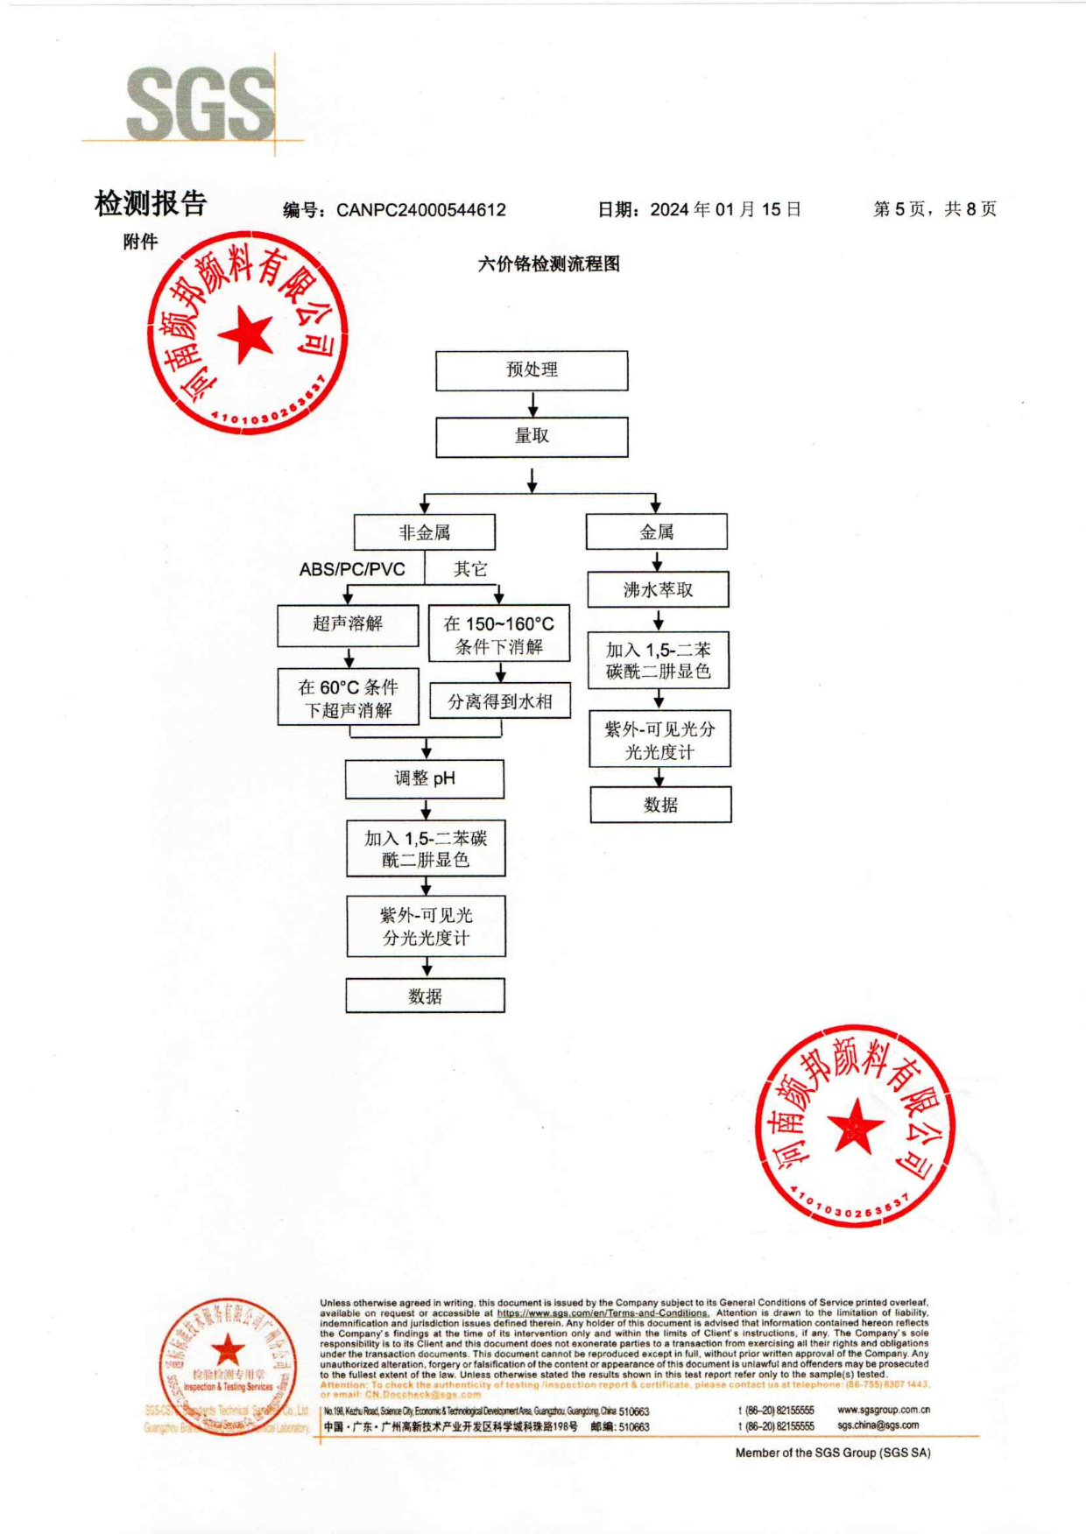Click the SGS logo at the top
pos(201,104)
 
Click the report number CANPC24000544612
pos(420,210)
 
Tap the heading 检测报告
pos(151,204)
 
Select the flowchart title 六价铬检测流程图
pos(549,264)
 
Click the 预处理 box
pos(532,370)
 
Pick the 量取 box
pos(532,437)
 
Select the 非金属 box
pos(425,532)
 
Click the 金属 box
pos(656,532)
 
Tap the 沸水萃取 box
pos(658,590)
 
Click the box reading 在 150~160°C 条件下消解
pos(499,635)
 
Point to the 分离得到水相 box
pos(500,701)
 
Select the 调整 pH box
pos(425,778)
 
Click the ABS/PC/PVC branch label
pos(352,570)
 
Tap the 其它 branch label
pos(470,570)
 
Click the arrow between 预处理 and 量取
pos(532,405)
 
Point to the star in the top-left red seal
pos(246,335)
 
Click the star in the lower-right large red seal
pos(855,1126)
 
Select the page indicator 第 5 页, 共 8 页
pos(934,209)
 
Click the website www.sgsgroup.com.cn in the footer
pos(883,1410)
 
